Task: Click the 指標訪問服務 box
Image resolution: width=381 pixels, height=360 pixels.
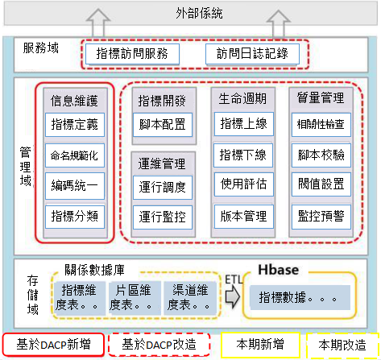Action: [x=132, y=54]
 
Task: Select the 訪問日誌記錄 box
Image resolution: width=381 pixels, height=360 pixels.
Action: [x=252, y=54]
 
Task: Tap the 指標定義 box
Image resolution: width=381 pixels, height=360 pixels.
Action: [x=75, y=125]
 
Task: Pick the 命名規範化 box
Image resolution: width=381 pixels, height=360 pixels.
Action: [x=75, y=155]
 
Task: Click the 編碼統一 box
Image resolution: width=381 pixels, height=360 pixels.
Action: [x=75, y=186]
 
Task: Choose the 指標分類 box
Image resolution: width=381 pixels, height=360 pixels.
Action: [x=75, y=217]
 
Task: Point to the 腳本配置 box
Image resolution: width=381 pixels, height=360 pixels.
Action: [x=163, y=125]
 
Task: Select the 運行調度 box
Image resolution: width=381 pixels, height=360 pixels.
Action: [x=163, y=188]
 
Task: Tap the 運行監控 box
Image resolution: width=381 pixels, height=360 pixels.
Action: [x=163, y=217]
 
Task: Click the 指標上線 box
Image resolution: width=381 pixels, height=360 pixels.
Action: [x=244, y=124]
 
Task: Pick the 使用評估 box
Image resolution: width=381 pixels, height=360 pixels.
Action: [x=244, y=184]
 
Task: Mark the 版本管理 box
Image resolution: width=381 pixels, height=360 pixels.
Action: [x=244, y=217]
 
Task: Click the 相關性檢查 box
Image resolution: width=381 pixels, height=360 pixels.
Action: [x=321, y=125]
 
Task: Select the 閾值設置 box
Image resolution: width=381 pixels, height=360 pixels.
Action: [x=321, y=184]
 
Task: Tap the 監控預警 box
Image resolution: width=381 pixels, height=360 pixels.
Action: [x=321, y=217]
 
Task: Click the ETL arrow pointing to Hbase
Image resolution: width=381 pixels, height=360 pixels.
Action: [x=232, y=296]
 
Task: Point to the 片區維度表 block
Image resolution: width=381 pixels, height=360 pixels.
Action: [x=135, y=298]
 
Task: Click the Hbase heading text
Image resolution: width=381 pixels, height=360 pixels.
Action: [x=279, y=270]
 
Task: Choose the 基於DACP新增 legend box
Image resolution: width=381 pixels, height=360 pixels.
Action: [x=53, y=345]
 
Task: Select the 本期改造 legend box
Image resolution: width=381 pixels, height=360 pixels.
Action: [x=342, y=346]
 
